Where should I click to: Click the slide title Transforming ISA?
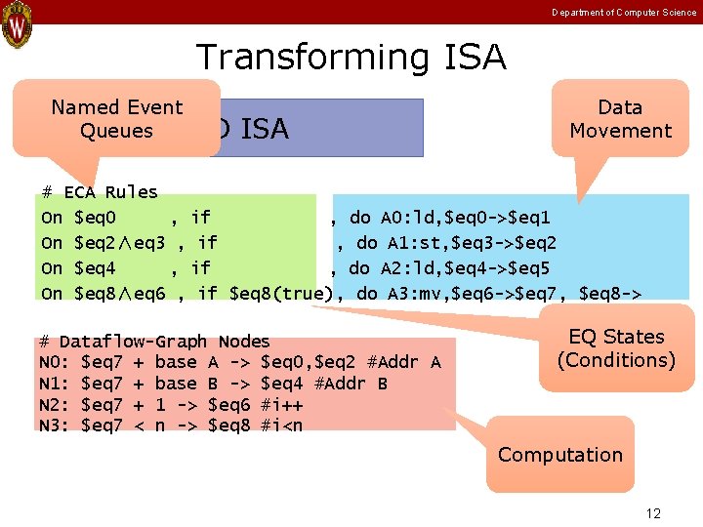pos(351,58)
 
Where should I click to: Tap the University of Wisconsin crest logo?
pos(17,26)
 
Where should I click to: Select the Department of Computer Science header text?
pos(624,12)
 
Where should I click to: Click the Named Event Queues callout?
pos(117,119)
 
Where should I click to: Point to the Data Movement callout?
pos(620,119)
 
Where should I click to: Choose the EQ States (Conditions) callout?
pos(616,348)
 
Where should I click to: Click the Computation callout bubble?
pos(559,455)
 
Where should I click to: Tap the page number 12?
pos(653,513)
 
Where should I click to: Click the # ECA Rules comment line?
pos(100,192)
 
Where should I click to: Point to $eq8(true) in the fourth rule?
pos(279,293)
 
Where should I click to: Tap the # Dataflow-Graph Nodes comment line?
pos(154,342)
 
